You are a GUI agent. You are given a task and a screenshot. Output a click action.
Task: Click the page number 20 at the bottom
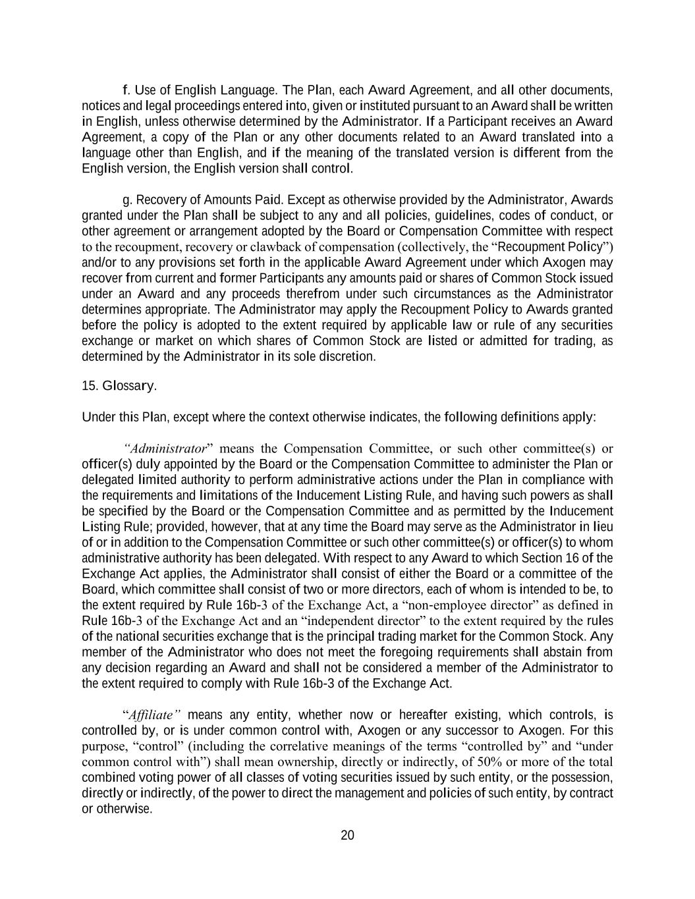[347, 836]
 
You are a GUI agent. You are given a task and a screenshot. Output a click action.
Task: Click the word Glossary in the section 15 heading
[129, 386]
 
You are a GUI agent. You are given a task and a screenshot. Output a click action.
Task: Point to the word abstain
[565, 652]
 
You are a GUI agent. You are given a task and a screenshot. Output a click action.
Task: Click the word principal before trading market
[397, 637]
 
